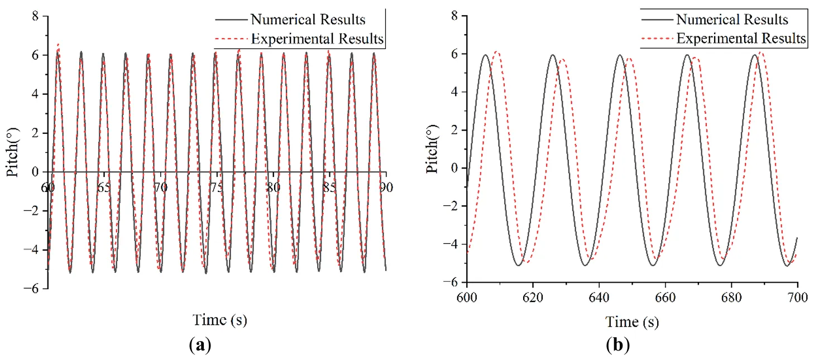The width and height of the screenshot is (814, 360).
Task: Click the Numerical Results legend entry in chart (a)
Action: point(308,20)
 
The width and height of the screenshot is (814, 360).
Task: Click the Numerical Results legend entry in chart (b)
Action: point(732,20)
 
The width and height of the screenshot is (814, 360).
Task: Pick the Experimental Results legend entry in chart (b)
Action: point(741,38)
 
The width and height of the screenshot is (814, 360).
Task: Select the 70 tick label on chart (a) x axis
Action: point(160,188)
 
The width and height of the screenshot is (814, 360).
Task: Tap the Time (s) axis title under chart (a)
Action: point(219,320)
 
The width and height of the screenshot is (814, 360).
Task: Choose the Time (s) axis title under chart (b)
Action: point(632,321)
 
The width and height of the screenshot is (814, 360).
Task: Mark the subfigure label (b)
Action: point(617,345)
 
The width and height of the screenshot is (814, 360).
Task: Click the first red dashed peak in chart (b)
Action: point(497,52)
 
